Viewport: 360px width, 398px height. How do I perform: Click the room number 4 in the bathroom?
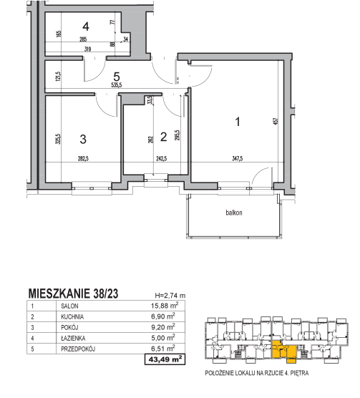(x=86, y=26)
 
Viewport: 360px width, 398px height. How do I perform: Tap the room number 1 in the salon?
(x=238, y=122)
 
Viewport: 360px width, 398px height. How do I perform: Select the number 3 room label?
(x=83, y=139)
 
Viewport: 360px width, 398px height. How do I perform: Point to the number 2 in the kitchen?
(x=164, y=137)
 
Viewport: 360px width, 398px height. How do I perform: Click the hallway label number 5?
(x=117, y=77)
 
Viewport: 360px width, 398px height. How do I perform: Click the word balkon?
(x=234, y=213)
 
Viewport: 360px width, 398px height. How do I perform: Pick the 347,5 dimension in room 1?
(x=238, y=158)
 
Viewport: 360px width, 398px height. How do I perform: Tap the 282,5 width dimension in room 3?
(x=83, y=159)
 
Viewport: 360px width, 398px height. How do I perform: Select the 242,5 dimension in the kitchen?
(x=162, y=159)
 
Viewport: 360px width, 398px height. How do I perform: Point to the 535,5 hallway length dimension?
(x=117, y=85)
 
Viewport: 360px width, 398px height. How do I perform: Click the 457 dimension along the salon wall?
(x=276, y=120)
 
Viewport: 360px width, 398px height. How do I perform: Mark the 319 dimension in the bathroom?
(x=87, y=49)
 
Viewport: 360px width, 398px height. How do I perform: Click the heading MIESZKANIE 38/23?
(x=73, y=293)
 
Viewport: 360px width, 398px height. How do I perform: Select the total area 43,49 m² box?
(x=165, y=359)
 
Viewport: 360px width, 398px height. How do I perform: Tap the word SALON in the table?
(x=69, y=306)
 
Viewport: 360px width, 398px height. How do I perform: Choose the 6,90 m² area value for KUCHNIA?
(x=163, y=316)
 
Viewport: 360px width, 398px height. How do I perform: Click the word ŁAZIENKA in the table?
(x=73, y=339)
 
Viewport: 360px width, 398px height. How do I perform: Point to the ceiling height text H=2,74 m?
(x=170, y=296)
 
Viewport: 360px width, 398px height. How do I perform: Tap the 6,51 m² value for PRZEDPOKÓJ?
(x=163, y=348)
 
